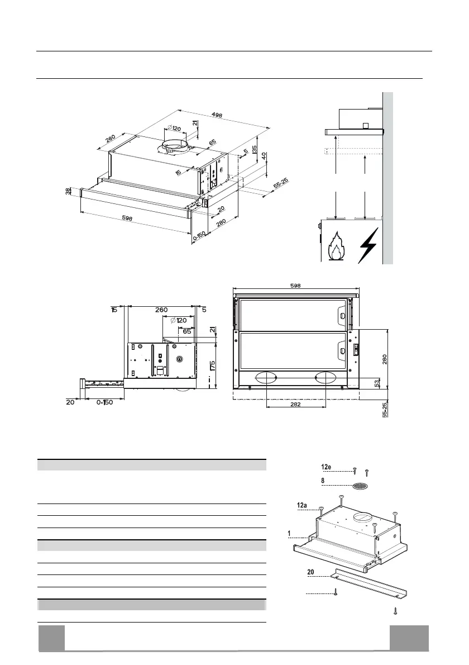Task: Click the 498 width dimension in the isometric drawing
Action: tap(217, 115)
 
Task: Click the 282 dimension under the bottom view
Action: tap(296, 405)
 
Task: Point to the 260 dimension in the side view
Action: tap(161, 310)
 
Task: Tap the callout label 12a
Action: tap(302, 505)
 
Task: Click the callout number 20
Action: tap(312, 573)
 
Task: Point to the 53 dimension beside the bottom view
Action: tap(377, 383)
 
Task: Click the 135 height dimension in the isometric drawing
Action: tap(254, 150)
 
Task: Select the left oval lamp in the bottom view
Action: tap(265, 378)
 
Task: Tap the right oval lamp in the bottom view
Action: tap(326, 378)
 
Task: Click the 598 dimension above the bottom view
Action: tap(296, 285)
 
